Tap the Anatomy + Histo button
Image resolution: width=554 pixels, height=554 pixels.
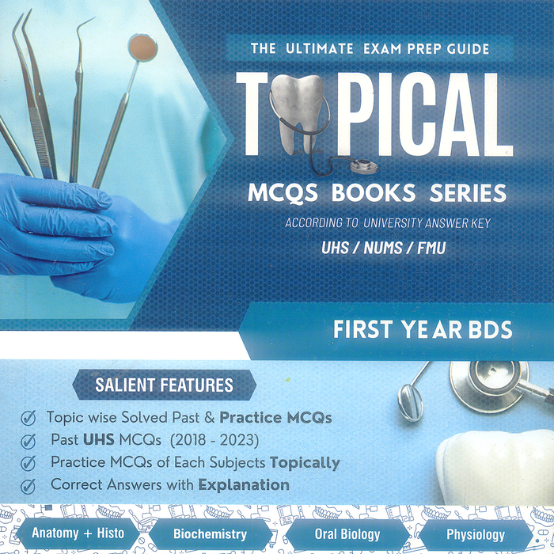(x=78, y=533)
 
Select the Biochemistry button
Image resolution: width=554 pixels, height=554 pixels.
(x=210, y=534)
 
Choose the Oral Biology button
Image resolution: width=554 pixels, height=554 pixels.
(x=347, y=534)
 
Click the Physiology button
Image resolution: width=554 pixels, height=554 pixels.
(x=475, y=534)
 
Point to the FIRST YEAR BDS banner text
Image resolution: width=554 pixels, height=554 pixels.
(x=412, y=330)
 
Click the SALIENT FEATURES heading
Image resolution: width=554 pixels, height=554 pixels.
(x=164, y=386)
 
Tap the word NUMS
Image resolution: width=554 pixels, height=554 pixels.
(x=384, y=249)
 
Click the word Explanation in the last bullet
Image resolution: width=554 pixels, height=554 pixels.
(x=244, y=484)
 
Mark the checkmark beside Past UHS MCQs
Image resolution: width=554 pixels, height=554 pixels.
(x=28, y=440)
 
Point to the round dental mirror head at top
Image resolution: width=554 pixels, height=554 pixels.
(x=142, y=47)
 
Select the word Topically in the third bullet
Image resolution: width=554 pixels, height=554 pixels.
(x=305, y=462)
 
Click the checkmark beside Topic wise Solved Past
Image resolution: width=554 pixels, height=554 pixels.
(x=28, y=417)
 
